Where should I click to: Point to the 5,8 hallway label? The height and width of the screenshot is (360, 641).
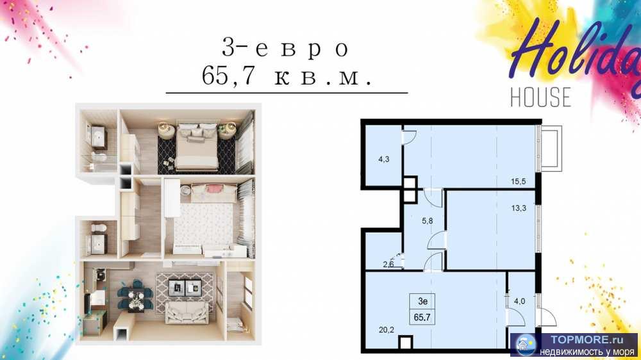coord(426,222)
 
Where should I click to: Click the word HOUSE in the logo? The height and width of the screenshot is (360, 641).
coord(540,96)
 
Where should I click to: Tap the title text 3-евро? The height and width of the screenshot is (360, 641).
coord(285,48)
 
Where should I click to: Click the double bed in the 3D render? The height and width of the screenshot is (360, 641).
coord(196,144)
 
